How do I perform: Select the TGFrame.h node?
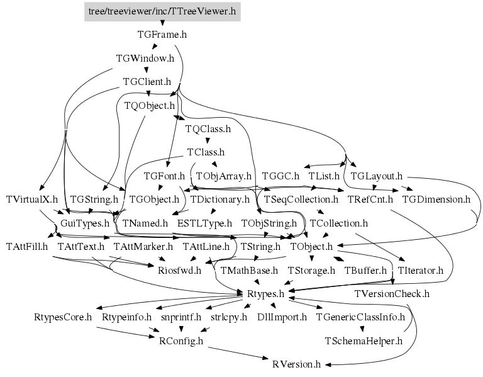point(162,35)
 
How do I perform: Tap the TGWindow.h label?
point(145,58)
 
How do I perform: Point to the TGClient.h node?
point(147,81)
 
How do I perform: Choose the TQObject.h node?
point(149,105)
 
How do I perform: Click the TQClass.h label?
point(208,128)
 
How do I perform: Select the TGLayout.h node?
point(376,176)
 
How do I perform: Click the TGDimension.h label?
point(436,199)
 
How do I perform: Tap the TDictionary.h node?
point(220,199)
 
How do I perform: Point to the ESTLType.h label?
point(204,223)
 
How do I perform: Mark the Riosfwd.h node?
point(179,270)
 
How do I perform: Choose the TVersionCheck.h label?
point(391,293)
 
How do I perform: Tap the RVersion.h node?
point(296,364)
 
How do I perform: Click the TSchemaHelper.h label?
point(363,340)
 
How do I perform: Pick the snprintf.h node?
point(181,317)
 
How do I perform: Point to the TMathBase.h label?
point(249,270)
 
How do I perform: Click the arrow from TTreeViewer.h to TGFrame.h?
point(162,23)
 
